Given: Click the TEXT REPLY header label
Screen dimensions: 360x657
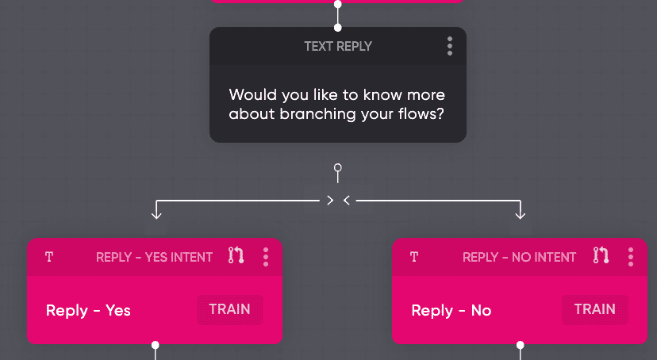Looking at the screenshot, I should [x=337, y=46].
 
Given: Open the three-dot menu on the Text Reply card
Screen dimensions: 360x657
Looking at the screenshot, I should [x=450, y=46].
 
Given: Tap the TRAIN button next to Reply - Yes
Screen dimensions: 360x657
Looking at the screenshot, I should [x=229, y=309].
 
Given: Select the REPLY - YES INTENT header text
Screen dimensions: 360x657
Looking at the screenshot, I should [x=154, y=257].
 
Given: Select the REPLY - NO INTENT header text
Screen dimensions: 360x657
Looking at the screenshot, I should [x=519, y=257].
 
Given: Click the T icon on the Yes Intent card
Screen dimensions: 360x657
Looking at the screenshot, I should [x=49, y=257].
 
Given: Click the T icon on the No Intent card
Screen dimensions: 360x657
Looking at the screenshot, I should [x=414, y=257].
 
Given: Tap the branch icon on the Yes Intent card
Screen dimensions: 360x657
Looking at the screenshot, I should [x=236, y=255].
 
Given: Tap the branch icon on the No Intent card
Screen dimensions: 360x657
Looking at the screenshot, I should [x=601, y=255].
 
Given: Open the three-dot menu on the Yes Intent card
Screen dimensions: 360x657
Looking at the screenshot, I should [x=266, y=256].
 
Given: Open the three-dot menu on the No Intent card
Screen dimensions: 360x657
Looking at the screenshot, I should [x=631, y=256].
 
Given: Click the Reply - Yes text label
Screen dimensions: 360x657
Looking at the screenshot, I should [x=88, y=310].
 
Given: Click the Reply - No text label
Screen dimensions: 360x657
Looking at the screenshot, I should [x=451, y=310].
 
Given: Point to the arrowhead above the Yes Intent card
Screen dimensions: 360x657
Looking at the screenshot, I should [x=156, y=213].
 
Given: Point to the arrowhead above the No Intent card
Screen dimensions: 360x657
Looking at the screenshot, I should [x=521, y=213].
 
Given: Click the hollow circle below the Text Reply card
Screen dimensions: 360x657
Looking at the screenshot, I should [x=338, y=168].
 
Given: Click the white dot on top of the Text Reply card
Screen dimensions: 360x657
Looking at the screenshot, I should [x=338, y=28].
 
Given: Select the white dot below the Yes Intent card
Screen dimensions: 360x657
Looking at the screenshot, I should [x=156, y=345].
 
